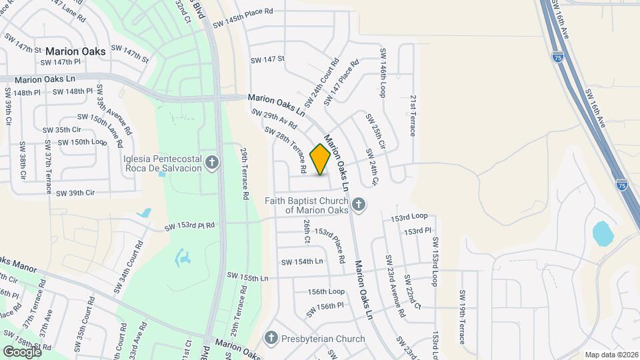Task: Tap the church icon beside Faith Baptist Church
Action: pos(359,205)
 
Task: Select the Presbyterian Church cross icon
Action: pos(271,338)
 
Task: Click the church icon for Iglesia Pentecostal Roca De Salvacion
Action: pos(212,163)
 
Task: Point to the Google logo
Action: pos(22,351)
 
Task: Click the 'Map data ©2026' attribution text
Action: pos(610,355)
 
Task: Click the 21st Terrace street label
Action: pos(413,115)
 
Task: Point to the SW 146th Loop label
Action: pos(383,72)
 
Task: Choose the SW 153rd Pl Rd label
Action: pos(190,226)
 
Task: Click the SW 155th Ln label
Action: pos(247,276)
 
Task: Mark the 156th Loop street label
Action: pos(326,291)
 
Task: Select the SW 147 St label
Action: pos(267,59)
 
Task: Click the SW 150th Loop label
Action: pos(81,142)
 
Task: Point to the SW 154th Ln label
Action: pos(302,261)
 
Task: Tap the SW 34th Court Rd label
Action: pos(130,268)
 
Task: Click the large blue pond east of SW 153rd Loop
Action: pos(603,233)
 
